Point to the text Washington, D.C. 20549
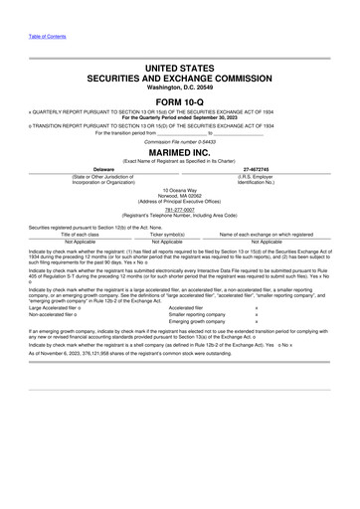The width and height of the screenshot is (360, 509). [x=180, y=87]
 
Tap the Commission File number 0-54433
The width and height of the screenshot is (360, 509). [x=180, y=142]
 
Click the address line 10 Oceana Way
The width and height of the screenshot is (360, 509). [x=180, y=189]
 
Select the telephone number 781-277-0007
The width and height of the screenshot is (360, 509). [x=180, y=210]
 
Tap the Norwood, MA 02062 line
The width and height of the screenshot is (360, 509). [x=180, y=195]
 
